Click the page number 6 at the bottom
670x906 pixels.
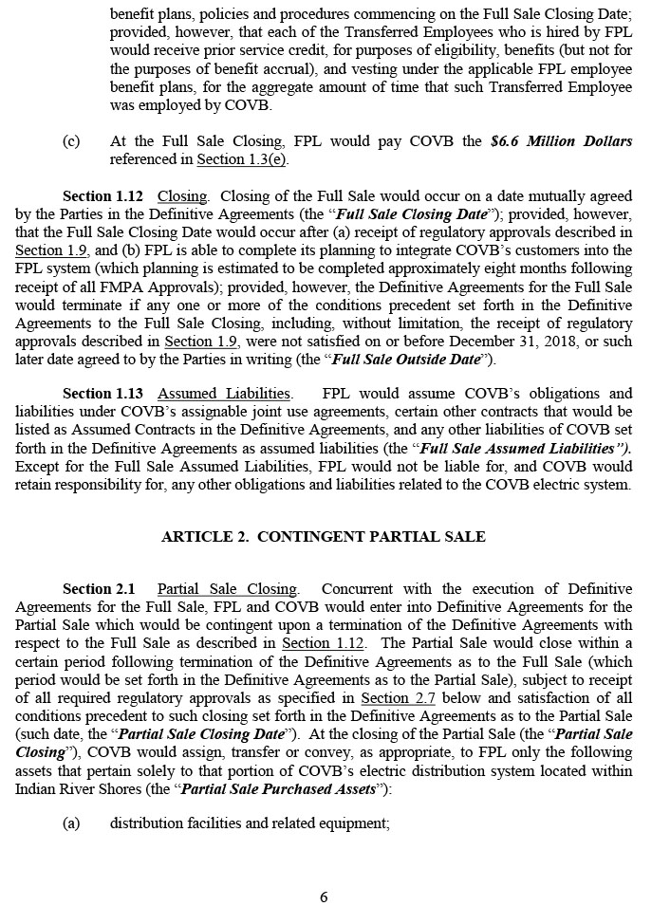324,897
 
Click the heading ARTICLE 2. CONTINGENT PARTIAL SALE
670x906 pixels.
324,537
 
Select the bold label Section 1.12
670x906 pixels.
102,196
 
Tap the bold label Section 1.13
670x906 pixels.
102,394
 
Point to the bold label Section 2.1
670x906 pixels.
99,589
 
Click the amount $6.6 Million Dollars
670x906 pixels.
562,141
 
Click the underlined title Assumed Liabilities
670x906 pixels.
224,394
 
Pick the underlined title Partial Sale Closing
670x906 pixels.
227,589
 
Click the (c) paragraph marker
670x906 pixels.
71,141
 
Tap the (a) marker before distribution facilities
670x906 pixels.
71,823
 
